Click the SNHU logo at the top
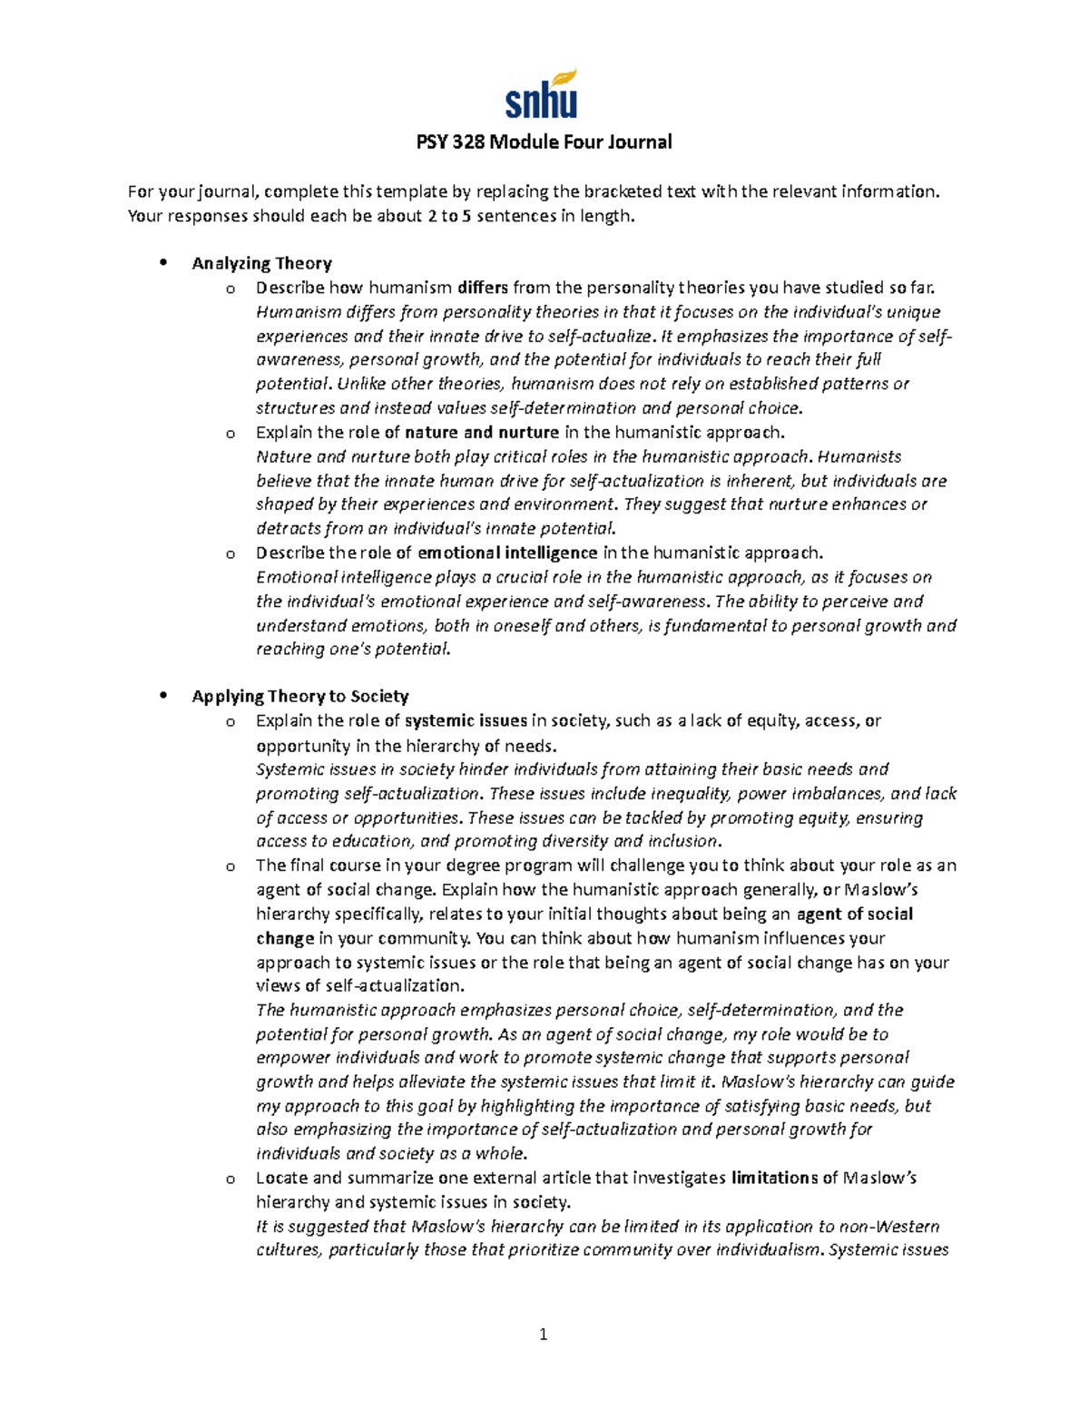point(542,95)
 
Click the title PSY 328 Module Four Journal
point(544,142)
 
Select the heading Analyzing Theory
point(261,264)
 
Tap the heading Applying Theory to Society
point(299,697)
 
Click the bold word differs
point(483,289)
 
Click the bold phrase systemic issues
point(466,721)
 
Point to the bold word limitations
point(774,1179)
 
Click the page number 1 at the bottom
point(544,1334)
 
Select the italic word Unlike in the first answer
point(359,385)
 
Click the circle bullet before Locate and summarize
point(231,1179)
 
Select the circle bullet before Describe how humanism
point(231,289)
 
